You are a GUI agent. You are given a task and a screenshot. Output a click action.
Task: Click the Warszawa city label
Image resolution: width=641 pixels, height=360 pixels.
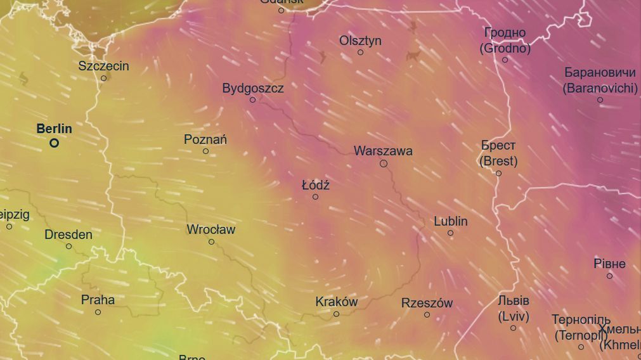point(383,151)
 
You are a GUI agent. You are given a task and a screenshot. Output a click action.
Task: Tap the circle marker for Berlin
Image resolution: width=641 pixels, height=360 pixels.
point(55,143)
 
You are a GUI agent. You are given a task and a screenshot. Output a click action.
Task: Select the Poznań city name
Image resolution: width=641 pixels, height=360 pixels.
point(205,139)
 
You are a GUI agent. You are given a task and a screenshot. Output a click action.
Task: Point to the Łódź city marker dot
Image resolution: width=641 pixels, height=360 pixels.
point(315,197)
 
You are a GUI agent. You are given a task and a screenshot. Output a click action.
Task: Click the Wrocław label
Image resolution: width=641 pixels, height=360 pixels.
point(210,229)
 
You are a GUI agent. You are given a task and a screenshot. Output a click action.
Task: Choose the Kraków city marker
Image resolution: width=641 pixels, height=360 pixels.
point(336,314)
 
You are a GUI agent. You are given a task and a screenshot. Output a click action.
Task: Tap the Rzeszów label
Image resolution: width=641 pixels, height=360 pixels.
point(427,303)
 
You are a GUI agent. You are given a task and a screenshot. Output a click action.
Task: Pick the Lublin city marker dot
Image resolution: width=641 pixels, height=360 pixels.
point(450,233)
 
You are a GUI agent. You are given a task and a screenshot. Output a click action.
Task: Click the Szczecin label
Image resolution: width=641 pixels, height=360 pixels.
point(103,66)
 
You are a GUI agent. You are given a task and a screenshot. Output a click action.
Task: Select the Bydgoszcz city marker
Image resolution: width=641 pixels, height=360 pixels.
point(252,100)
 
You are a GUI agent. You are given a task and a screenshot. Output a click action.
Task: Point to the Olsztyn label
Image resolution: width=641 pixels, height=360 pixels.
point(360,41)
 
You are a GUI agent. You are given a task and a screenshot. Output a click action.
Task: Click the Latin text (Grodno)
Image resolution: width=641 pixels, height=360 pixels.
point(505,48)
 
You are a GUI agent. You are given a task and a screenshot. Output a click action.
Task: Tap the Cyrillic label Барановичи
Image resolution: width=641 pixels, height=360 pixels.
point(600,72)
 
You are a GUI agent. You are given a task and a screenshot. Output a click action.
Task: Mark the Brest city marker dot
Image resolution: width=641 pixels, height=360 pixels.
point(498,174)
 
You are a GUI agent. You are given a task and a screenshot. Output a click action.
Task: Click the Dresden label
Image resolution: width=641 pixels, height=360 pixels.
point(68,235)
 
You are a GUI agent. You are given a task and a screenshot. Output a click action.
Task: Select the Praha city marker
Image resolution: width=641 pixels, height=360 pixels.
point(98,312)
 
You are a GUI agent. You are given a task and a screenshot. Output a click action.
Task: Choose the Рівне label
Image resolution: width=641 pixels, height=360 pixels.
point(609,264)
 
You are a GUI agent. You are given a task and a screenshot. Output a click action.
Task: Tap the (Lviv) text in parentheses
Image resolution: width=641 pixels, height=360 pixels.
point(513,316)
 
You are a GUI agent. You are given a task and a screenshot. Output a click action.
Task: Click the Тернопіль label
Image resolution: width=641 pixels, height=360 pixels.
point(581,319)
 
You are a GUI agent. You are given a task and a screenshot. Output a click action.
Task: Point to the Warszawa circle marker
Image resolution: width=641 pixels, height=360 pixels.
point(384,164)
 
